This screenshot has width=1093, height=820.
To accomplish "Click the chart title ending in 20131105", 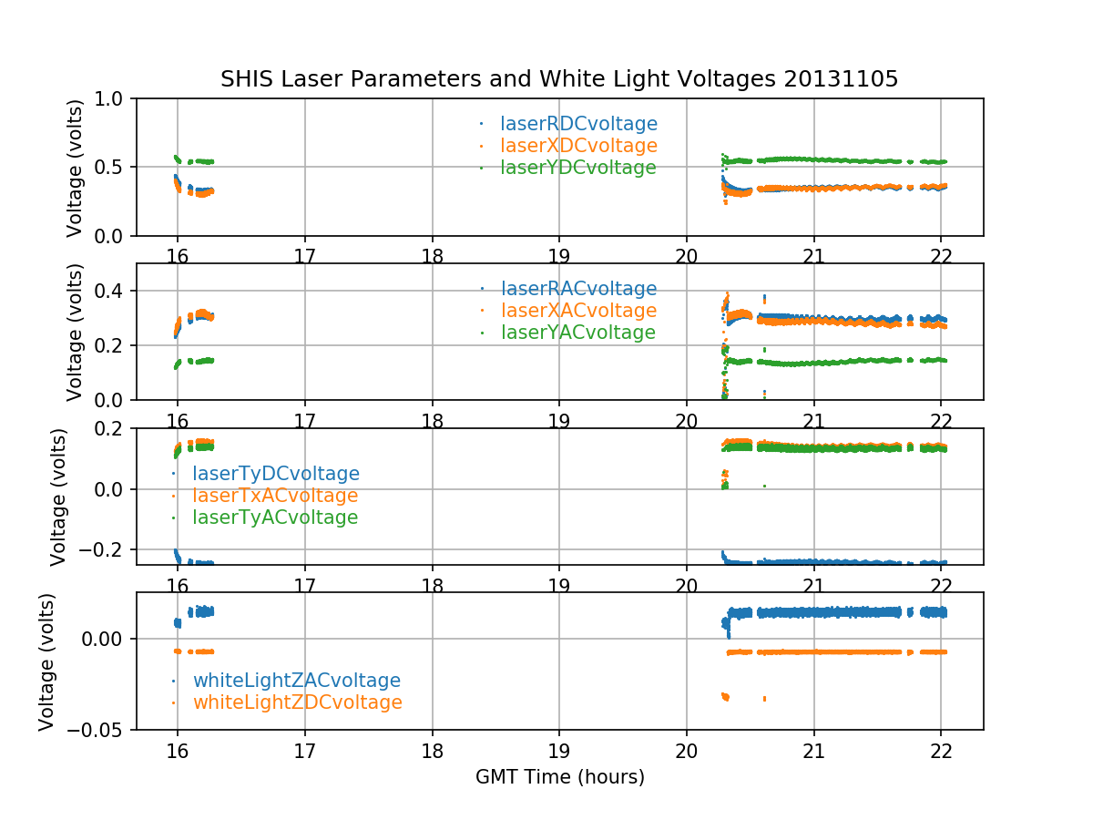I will (559, 79).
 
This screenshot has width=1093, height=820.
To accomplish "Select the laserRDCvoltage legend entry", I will (578, 124).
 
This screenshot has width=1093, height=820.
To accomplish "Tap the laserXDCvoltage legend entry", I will (578, 146).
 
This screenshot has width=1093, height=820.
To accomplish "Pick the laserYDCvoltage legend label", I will (577, 168).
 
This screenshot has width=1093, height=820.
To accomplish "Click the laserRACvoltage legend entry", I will (578, 289).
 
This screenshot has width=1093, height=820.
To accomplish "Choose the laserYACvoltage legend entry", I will (577, 333).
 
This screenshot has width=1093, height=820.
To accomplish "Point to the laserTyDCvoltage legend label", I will (275, 474).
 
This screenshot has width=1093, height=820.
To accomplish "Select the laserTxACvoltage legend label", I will (274, 496).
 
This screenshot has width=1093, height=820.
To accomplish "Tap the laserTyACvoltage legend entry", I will (274, 518).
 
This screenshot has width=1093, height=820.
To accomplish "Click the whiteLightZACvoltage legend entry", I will (296, 681).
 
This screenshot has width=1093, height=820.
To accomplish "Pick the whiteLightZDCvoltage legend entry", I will (297, 702).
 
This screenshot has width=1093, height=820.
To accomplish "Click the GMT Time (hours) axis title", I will (559, 777).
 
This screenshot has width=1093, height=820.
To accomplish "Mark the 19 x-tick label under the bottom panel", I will (558, 752).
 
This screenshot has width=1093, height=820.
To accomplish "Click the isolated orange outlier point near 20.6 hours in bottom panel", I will (764, 699).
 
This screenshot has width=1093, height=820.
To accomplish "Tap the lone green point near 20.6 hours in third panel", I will (764, 487).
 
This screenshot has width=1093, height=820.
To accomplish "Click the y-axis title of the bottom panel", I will (47, 661).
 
